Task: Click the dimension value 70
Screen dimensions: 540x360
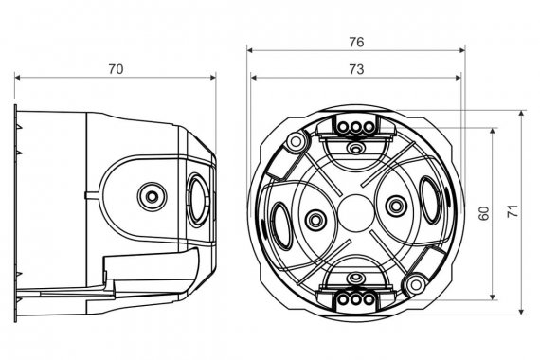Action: tap(116, 69)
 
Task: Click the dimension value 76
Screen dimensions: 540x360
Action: tap(356, 42)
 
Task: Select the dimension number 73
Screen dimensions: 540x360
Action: tap(356, 69)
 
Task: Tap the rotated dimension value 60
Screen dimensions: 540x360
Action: tap(483, 213)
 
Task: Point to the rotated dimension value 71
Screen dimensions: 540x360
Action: tap(513, 211)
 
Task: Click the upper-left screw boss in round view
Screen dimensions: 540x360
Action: tap(296, 140)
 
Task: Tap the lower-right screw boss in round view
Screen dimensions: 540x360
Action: tap(416, 285)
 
